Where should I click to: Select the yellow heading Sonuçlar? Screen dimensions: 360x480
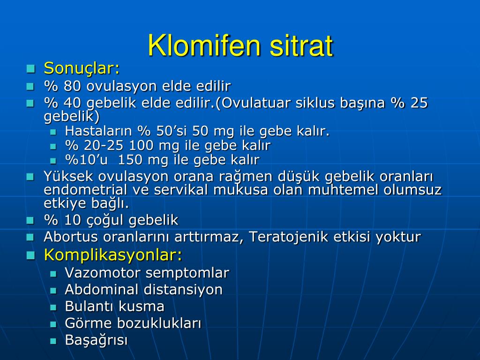[x=82, y=68]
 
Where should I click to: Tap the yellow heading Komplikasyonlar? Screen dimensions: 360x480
[x=113, y=255]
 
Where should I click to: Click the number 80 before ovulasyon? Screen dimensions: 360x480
[x=72, y=86]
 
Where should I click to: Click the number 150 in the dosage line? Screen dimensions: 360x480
[x=130, y=160]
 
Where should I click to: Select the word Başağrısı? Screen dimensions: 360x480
[x=96, y=340]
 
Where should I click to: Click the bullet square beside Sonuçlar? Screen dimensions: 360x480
[x=31, y=69]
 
